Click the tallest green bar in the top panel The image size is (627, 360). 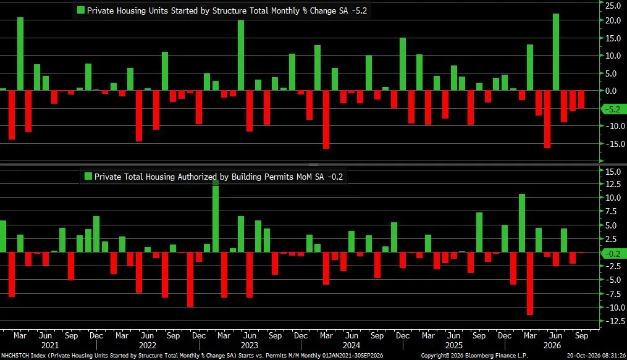556,52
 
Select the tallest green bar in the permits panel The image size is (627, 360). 216,216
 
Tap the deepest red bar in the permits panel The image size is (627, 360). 530,283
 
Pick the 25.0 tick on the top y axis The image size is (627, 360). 613,5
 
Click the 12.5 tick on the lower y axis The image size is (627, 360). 613,184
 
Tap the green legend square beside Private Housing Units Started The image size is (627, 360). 81,10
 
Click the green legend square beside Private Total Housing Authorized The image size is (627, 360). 88,176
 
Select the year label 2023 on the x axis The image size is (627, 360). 250,345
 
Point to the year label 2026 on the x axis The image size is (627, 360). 552,345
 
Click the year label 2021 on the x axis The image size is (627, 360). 49,345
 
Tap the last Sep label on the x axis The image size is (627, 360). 581,336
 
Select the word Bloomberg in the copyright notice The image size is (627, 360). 479,356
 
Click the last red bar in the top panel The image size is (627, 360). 581,99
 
